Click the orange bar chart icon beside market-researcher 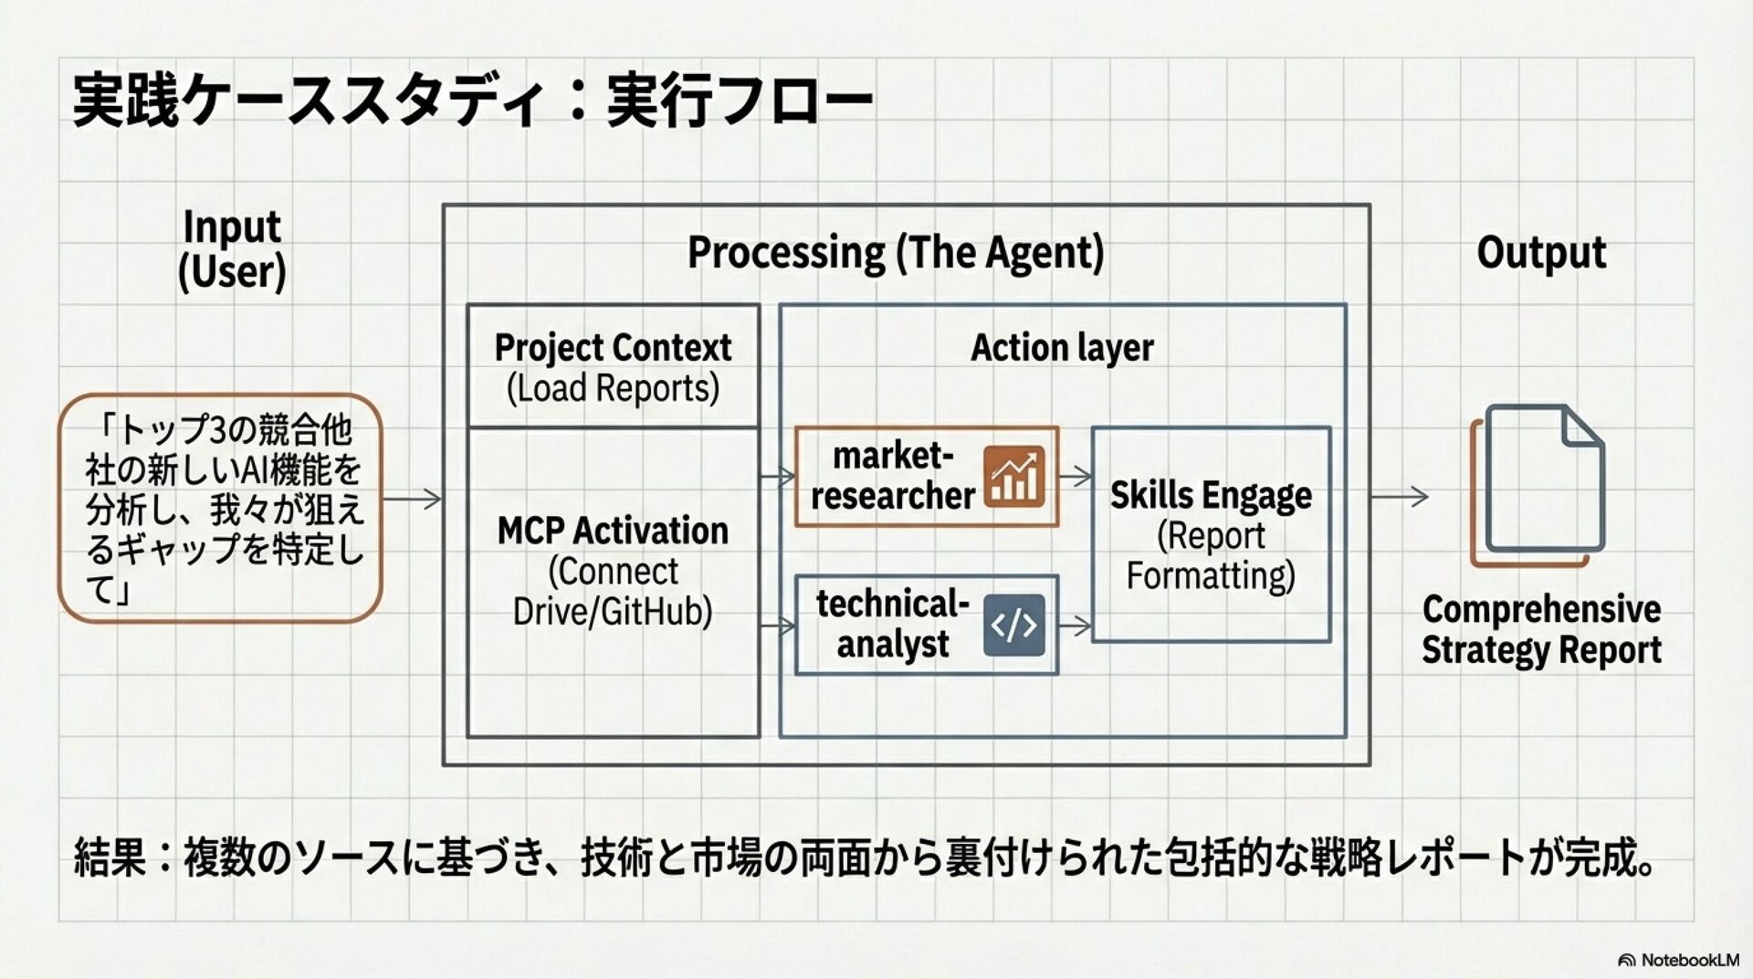pos(1014,476)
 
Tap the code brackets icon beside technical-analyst pos(1013,626)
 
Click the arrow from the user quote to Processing pos(412,499)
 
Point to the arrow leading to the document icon pos(1400,497)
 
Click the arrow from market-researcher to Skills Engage pos(1076,476)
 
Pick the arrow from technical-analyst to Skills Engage pos(1076,626)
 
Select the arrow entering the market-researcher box pos(777,476)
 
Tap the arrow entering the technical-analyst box pos(777,626)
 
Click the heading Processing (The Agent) pos(895,253)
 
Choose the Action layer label pos(1062,348)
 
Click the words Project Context pos(613,348)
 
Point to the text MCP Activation pos(613,531)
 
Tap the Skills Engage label pos(1211,495)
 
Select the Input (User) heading pos(232,249)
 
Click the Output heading pos(1541,253)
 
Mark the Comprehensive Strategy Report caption pos(1541,629)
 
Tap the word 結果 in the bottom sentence pos(109,858)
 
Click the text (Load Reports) pos(613,388)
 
